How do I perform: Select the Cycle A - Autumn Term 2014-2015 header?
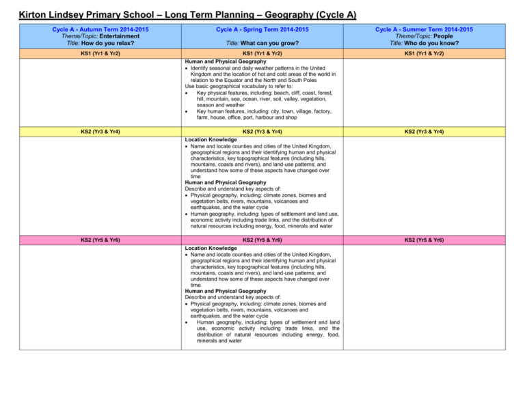point(92,29)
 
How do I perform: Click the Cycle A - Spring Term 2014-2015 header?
point(262,29)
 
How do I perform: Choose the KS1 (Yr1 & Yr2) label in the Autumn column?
point(92,53)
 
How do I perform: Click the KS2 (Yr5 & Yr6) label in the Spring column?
point(262,240)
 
